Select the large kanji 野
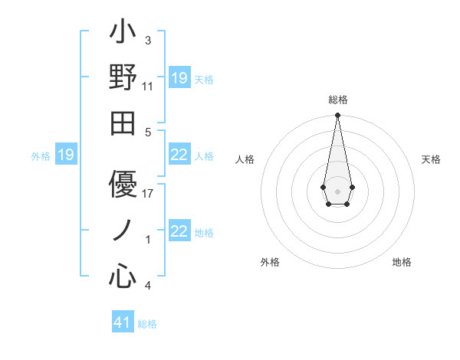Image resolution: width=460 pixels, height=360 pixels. [123, 78]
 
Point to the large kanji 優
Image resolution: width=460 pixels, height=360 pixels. [123, 183]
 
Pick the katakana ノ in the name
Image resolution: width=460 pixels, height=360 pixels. [123, 229]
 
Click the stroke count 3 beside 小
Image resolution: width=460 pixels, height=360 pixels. [148, 39]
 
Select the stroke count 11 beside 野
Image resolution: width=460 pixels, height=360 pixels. [148, 86]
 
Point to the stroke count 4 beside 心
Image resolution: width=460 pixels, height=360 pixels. [148, 286]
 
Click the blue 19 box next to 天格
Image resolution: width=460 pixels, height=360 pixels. [179, 78]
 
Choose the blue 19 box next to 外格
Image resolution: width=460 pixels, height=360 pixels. [66, 155]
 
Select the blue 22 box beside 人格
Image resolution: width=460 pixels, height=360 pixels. [179, 155]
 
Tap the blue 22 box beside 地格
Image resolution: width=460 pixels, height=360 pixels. [179, 232]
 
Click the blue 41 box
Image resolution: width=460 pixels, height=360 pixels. [123, 322]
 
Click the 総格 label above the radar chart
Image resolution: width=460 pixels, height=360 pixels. [337, 100]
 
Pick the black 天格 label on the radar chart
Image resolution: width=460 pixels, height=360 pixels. [431, 159]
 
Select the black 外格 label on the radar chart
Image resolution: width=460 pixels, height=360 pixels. [270, 262]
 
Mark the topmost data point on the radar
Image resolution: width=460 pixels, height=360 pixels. [337, 116]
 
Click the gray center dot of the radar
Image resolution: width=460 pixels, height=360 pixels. [337, 190]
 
